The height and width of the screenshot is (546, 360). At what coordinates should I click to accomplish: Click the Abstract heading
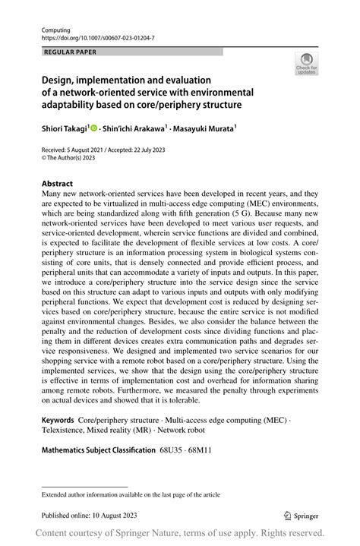coord(58,184)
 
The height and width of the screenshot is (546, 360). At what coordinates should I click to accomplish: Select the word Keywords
coord(58,419)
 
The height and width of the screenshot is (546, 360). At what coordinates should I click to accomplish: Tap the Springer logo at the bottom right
coord(301,514)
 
